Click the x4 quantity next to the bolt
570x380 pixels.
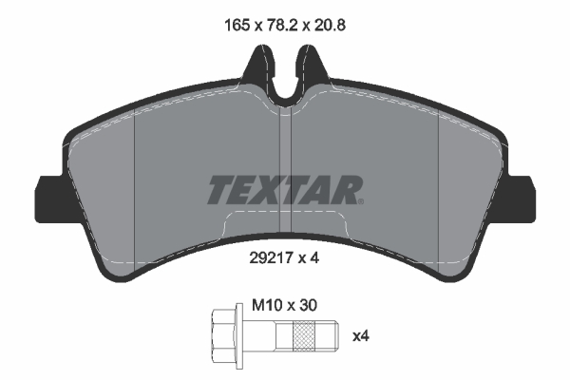click(361, 336)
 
